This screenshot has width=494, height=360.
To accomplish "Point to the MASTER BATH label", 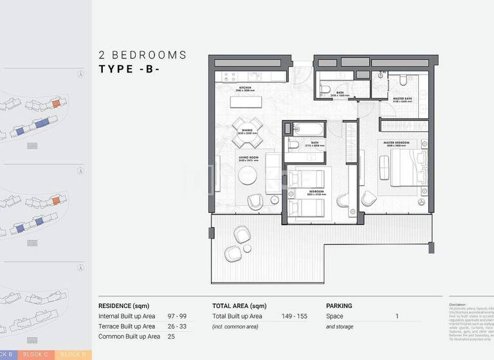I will (403, 100).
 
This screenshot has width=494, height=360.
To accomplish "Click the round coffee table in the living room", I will (248, 175).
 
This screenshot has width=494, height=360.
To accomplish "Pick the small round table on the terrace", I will (248, 249).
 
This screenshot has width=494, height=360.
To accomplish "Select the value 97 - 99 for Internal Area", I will (177, 316).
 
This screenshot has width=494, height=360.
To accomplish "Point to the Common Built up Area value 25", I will (171, 337).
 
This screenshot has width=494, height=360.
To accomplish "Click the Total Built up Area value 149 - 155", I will (294, 316).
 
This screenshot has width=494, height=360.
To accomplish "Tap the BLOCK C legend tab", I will (36, 354).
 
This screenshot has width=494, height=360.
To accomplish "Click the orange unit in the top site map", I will (56, 103).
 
